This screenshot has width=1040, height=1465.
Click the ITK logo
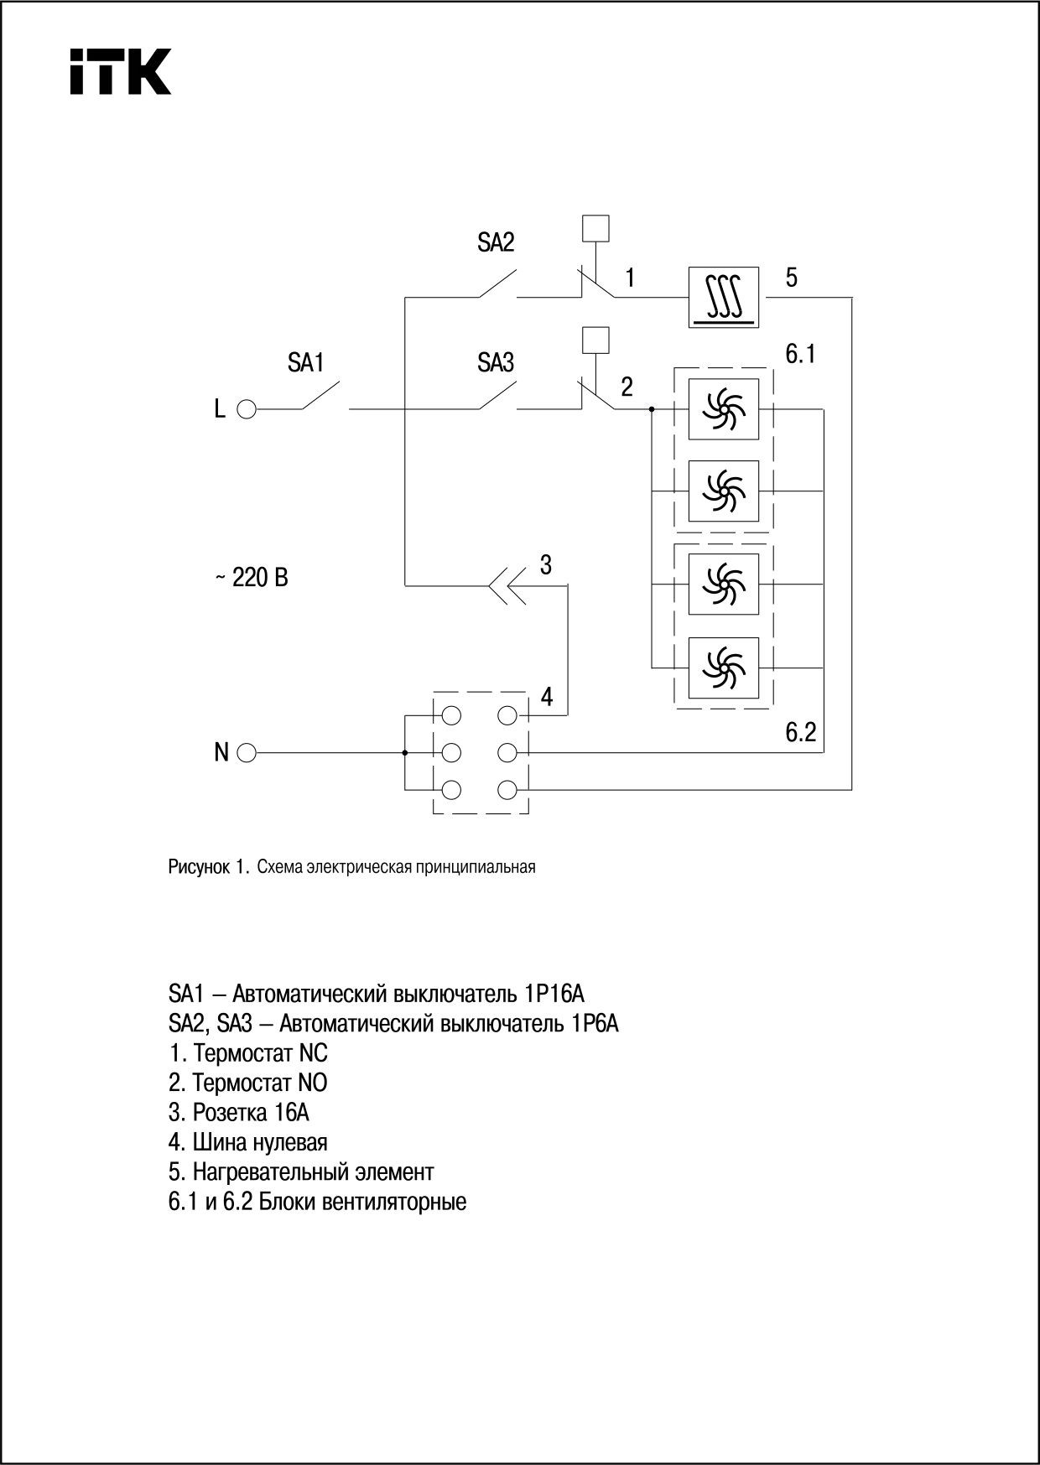coord(120,71)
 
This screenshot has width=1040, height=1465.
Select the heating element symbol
coord(723,297)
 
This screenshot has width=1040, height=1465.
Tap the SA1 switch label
coord(305,363)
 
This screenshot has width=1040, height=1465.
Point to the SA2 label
coord(496,243)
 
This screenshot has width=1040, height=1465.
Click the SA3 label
coord(496,363)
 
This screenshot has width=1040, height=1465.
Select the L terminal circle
coord(247,409)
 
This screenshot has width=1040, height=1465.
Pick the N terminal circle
coord(247,752)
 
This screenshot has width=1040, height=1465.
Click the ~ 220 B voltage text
coord(252,578)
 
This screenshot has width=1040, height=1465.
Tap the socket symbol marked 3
coord(508,585)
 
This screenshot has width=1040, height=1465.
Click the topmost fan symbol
coord(723,409)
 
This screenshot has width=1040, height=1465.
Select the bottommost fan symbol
coord(723,668)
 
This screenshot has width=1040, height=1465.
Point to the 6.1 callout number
coord(800,355)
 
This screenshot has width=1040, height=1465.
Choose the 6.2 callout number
coord(800,732)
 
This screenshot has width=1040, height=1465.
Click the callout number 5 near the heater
coord(792,278)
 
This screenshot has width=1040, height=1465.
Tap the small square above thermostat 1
coord(595,229)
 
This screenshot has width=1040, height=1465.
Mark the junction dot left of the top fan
coord(652,409)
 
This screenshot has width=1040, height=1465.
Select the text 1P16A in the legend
coord(554,995)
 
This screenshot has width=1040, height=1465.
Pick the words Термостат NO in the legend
coord(260,1083)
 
